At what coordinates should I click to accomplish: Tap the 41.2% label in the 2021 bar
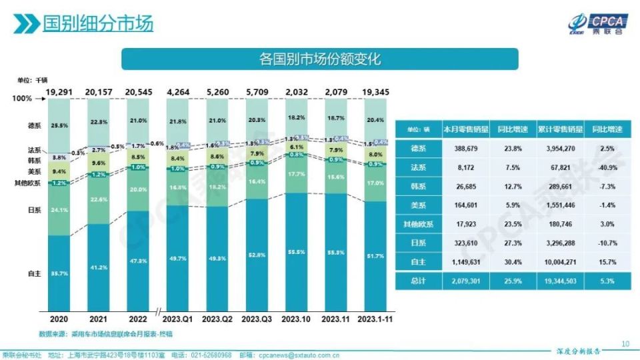pos(98,267)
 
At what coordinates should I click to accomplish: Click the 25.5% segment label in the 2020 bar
pos(59,125)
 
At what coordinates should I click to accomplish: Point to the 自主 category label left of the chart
pos(34,274)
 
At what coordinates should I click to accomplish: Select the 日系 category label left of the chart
pos(34,209)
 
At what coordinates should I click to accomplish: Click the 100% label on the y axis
pos(22,99)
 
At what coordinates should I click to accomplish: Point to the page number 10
pos(625,344)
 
